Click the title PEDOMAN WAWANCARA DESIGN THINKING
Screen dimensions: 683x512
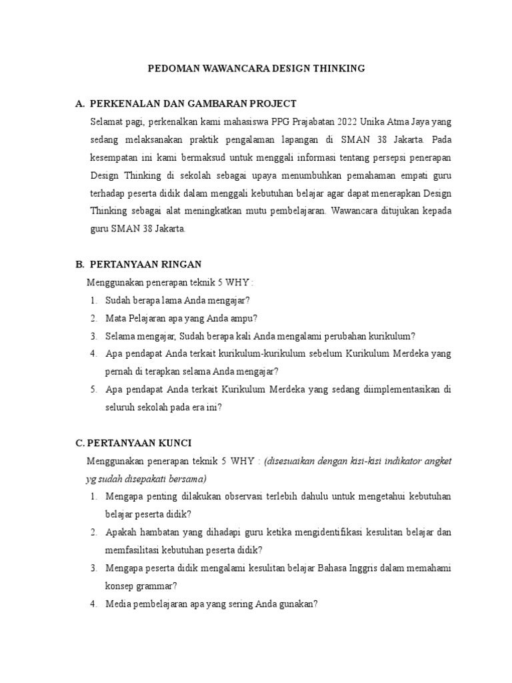255,68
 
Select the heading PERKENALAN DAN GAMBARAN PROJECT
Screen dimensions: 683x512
193,104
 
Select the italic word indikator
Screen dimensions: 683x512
399,462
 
